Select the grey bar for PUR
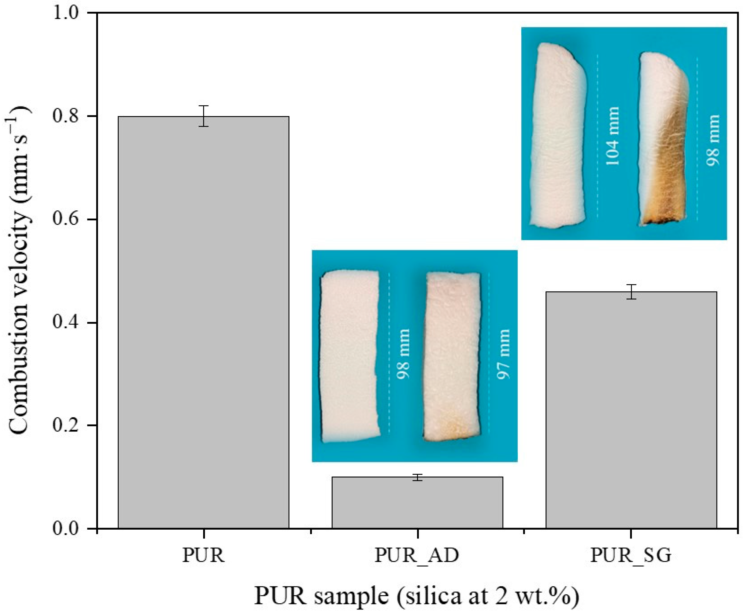(x=203, y=322)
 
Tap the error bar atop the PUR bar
(x=203, y=116)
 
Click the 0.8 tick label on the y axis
(x=67, y=117)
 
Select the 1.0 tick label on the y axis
(x=67, y=14)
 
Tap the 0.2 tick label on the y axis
(x=67, y=426)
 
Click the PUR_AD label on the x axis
(x=417, y=555)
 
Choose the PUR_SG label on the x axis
(x=631, y=555)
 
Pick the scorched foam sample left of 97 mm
(x=452, y=356)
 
